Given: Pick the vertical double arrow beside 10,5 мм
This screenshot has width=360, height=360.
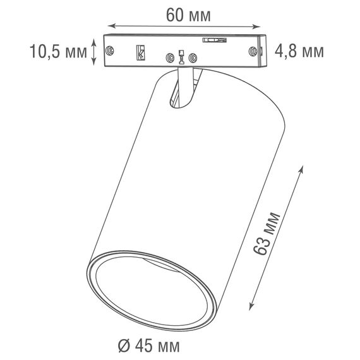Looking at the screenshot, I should [x=95, y=51].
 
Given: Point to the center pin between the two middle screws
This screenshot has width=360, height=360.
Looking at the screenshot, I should [x=181, y=57].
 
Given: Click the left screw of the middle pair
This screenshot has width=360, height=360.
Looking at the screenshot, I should [x=169, y=59].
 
